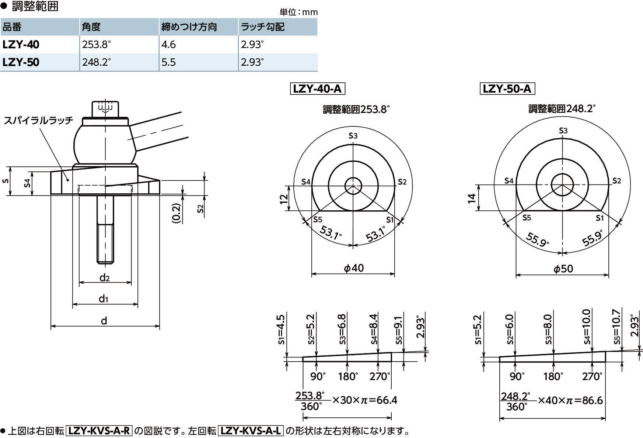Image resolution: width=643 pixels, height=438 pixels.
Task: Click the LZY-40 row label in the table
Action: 21,45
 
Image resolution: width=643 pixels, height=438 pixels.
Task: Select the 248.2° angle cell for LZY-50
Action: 96,62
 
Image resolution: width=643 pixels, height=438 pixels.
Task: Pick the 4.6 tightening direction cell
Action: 168,45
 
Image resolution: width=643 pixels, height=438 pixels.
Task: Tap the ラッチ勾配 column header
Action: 262,27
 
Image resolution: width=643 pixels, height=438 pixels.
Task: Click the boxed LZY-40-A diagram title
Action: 317,89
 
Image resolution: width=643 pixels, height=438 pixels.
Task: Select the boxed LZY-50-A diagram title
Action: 507,89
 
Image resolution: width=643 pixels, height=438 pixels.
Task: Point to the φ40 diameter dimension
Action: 354,268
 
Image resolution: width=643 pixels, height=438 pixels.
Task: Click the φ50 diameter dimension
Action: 563,269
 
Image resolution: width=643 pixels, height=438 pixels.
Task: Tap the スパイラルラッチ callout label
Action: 39,120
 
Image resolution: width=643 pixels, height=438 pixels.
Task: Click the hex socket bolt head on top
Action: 106,108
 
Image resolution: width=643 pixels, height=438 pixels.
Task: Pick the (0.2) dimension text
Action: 177,213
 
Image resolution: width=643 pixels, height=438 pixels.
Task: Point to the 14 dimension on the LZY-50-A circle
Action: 472,198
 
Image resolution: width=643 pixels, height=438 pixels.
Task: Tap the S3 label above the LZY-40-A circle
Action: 353,136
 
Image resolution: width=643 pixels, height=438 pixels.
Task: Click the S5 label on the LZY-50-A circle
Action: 527,218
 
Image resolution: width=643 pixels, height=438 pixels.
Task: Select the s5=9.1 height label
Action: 399,330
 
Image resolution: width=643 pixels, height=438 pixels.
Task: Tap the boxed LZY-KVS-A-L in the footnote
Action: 251,431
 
